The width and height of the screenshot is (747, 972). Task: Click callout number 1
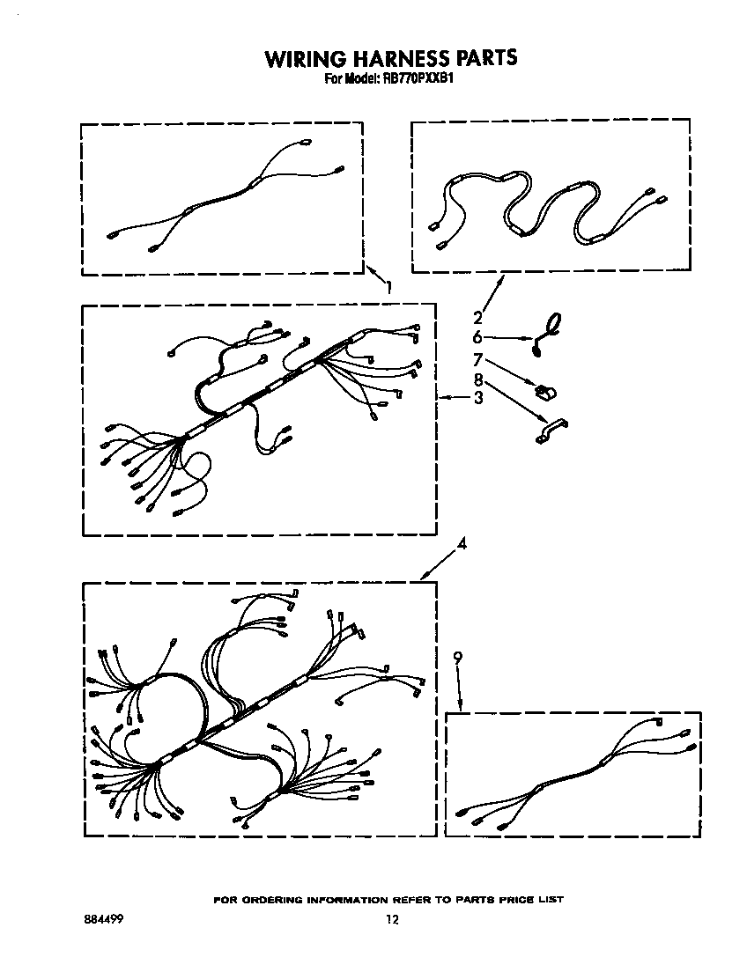(x=388, y=288)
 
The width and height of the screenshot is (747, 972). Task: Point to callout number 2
(x=477, y=318)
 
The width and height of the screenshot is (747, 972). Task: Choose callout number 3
(x=478, y=397)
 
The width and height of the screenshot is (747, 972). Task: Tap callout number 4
(x=462, y=543)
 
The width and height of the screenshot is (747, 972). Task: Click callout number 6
(x=477, y=338)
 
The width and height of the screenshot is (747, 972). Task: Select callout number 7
(x=477, y=359)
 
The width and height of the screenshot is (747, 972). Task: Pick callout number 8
(x=477, y=379)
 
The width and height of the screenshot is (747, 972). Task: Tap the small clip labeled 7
(x=547, y=391)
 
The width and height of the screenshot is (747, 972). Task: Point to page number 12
(x=392, y=919)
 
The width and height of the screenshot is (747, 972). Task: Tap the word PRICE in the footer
(x=516, y=899)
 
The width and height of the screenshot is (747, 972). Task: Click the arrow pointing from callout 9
(x=460, y=688)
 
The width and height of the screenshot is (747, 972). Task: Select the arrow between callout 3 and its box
(x=455, y=397)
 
